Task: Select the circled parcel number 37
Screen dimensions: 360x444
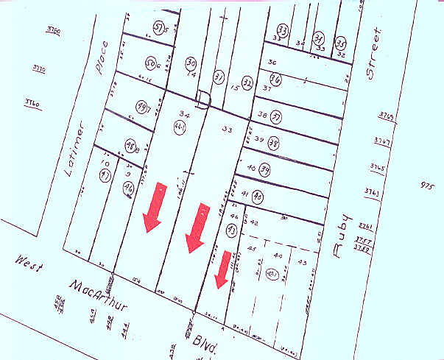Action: click(277, 118)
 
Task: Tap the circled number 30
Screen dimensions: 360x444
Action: click(191, 63)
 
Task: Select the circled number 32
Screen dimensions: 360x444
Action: click(247, 82)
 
